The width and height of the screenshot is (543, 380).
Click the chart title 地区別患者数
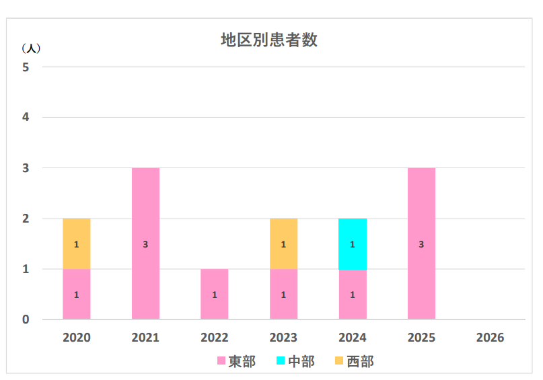(x=269, y=40)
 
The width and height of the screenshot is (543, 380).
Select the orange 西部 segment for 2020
(x=77, y=243)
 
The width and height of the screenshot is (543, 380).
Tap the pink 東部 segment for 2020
(x=77, y=294)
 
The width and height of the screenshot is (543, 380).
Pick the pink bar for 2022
(x=215, y=294)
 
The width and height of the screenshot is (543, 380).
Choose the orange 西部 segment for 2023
(x=283, y=243)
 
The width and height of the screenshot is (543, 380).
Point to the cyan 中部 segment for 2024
(x=353, y=243)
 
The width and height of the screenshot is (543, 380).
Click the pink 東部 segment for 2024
(x=353, y=294)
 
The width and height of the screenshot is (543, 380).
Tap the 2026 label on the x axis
(x=490, y=338)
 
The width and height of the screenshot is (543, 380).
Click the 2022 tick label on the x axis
(x=215, y=338)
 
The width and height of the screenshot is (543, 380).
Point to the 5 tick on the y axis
(x=26, y=67)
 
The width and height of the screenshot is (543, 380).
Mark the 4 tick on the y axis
(x=26, y=118)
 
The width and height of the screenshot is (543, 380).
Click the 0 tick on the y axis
(x=26, y=319)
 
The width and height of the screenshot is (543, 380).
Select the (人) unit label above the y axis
(x=31, y=49)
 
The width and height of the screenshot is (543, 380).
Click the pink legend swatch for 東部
(x=221, y=362)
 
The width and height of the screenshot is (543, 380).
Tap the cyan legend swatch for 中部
(x=281, y=362)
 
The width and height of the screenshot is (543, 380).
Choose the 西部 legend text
(x=360, y=362)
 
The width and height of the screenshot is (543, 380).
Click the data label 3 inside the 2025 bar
(x=421, y=244)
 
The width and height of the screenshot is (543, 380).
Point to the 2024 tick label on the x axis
(x=353, y=338)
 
